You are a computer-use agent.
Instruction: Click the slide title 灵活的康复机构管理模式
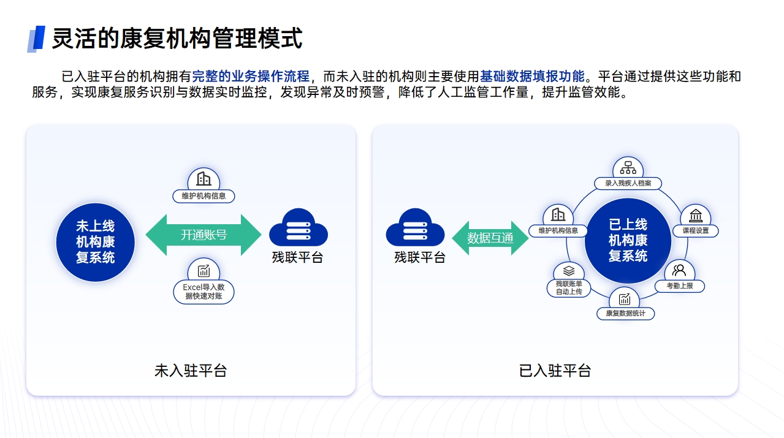click(177, 38)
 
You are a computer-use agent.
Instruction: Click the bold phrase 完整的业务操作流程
click(251, 77)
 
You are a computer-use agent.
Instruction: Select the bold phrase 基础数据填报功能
click(532, 77)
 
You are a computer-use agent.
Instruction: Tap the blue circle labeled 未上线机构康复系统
click(95, 241)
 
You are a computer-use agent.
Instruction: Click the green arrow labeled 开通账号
click(204, 235)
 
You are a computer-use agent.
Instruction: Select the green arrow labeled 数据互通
click(490, 238)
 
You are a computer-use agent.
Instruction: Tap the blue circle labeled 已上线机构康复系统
click(627, 240)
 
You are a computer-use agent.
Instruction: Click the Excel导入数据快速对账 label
click(204, 292)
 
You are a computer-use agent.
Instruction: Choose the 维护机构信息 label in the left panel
click(204, 196)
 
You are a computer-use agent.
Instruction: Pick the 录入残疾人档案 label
click(628, 183)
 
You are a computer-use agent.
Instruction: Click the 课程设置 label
click(695, 231)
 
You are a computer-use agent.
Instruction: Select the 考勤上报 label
click(679, 285)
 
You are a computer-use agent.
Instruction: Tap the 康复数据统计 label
click(625, 314)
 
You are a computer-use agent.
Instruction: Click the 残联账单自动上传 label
click(569, 288)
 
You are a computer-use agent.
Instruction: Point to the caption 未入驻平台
click(191, 371)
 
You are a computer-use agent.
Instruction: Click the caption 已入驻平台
click(555, 371)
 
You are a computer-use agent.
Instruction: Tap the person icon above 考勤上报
click(679, 270)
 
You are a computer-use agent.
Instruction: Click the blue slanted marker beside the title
click(36, 39)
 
